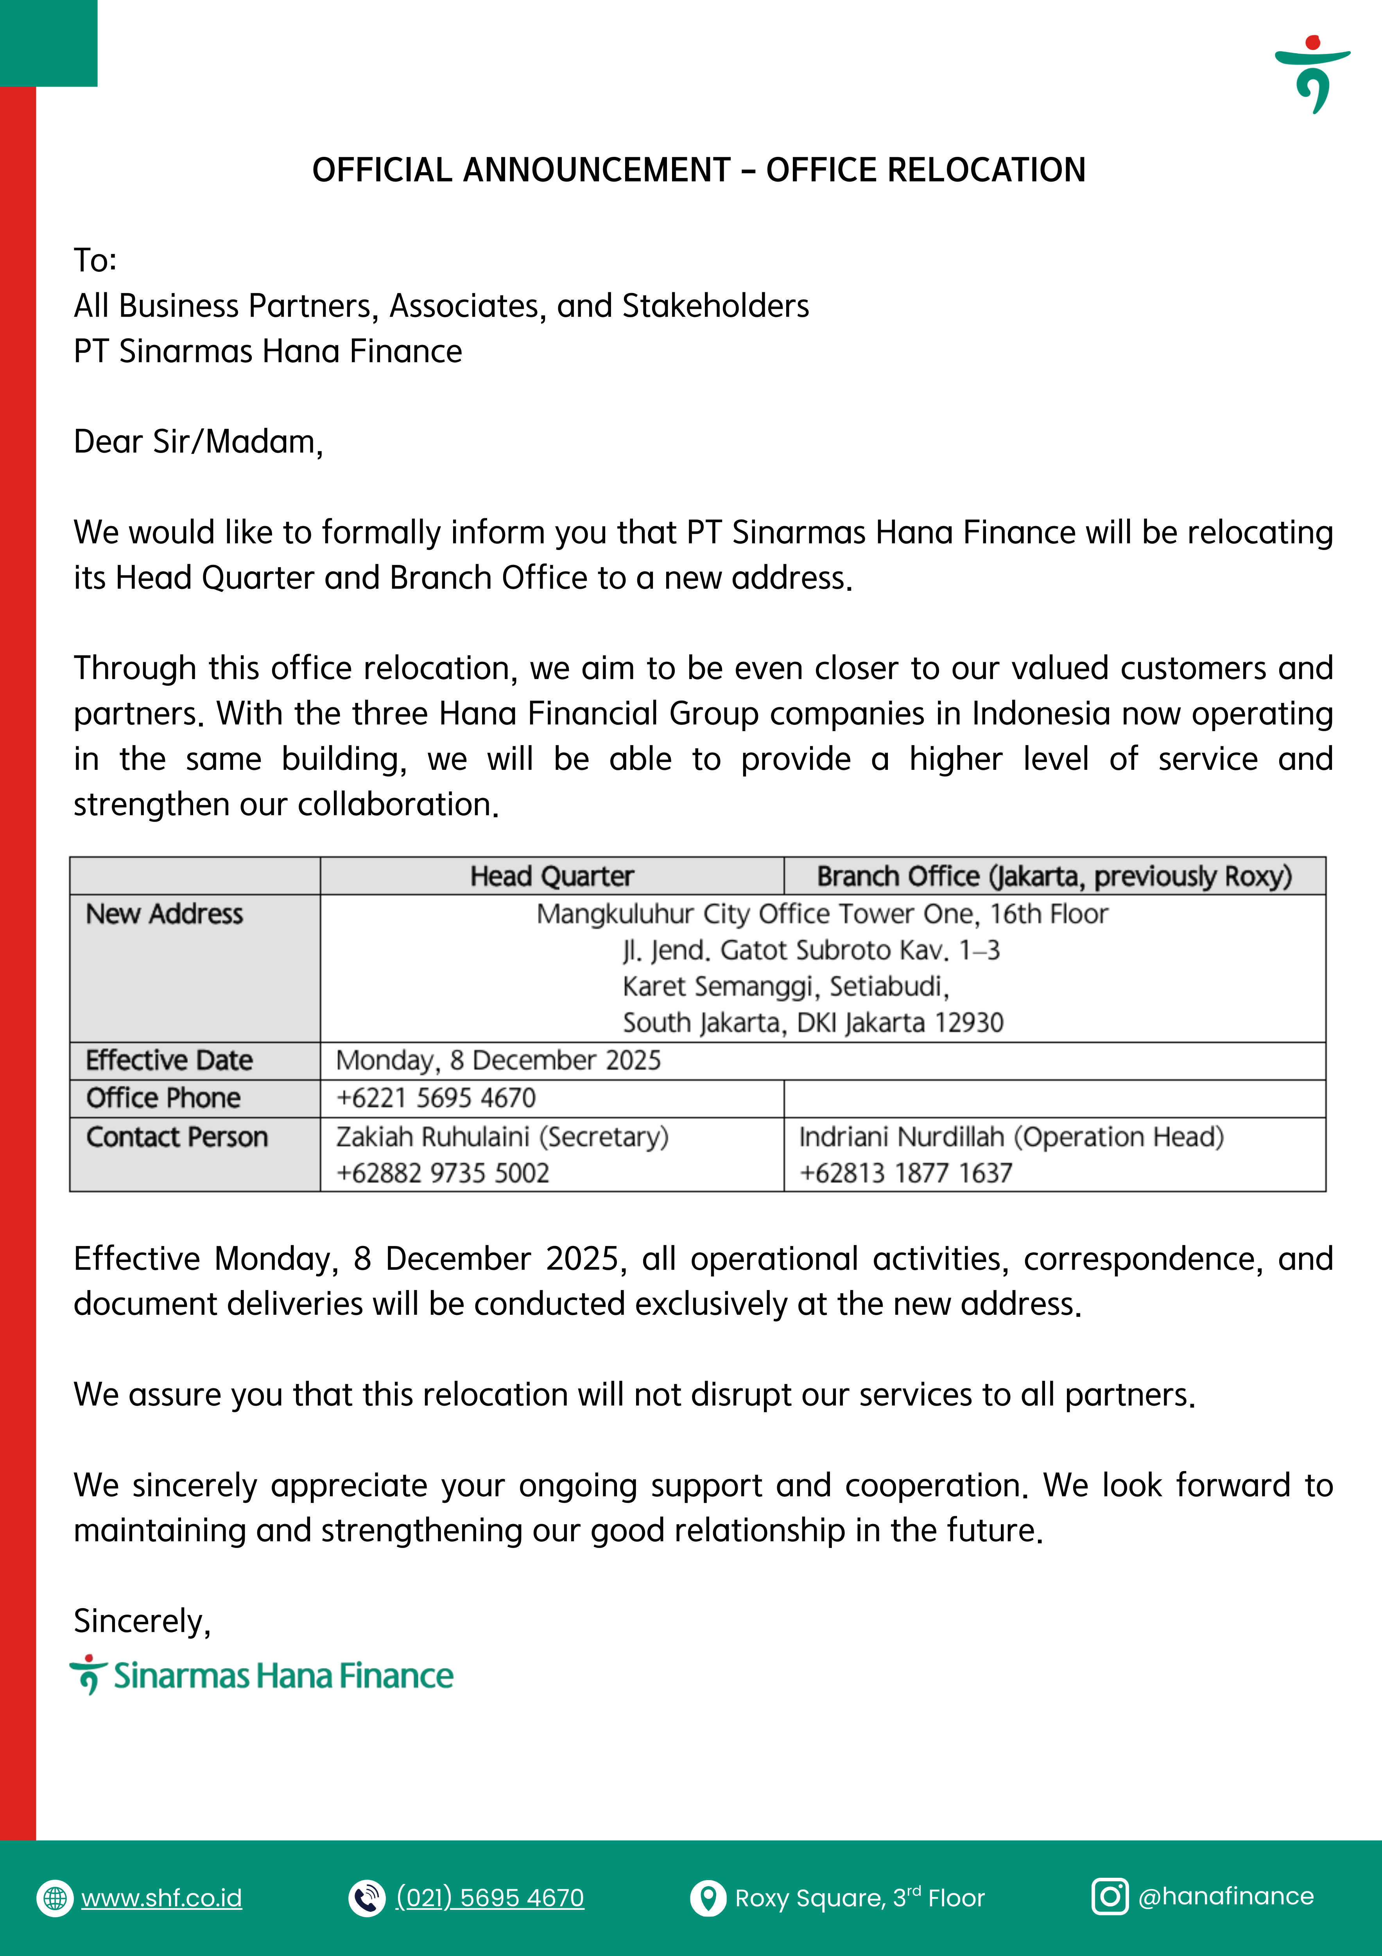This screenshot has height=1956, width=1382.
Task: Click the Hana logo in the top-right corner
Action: pyautogui.click(x=1312, y=74)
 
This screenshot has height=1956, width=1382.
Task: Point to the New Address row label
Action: pyautogui.click(x=164, y=914)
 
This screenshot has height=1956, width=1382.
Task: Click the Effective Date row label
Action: pyautogui.click(x=169, y=1061)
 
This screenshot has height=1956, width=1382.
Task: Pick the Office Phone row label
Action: pyautogui.click(x=163, y=1098)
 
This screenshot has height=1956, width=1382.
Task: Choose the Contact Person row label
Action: pyautogui.click(x=177, y=1137)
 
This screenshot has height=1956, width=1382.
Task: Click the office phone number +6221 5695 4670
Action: pyautogui.click(x=436, y=1098)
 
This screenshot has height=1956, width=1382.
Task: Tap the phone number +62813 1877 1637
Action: pyautogui.click(x=906, y=1173)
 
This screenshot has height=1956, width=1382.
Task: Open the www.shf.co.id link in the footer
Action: pyautogui.click(x=162, y=1898)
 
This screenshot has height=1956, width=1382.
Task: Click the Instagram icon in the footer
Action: pyautogui.click(x=1110, y=1897)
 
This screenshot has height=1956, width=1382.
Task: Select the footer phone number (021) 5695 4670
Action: pyautogui.click(x=491, y=1898)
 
